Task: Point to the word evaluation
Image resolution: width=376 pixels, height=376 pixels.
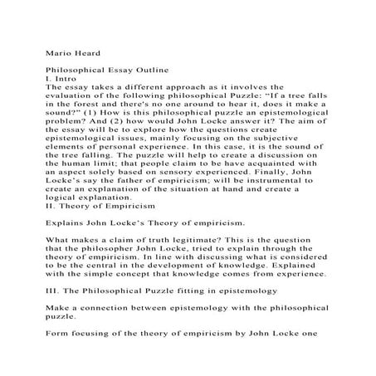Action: (76, 95)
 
